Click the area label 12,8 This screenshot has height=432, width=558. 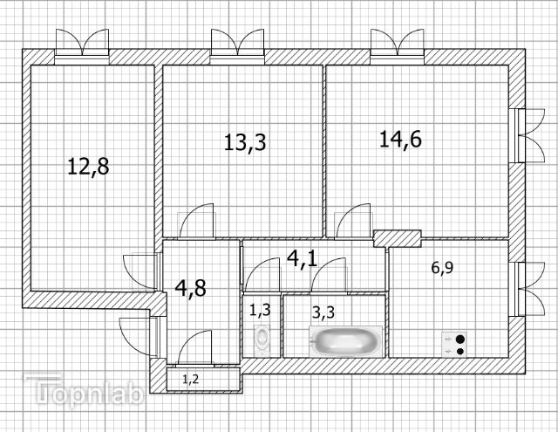[x=88, y=167]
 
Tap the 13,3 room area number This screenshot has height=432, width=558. [x=245, y=142]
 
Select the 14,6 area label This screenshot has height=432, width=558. [x=401, y=139]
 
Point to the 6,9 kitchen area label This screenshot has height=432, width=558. [x=442, y=267]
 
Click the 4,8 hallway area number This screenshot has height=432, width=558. [x=191, y=288]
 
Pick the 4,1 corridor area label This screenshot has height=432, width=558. [x=302, y=258]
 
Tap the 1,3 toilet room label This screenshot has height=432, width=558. [x=260, y=310]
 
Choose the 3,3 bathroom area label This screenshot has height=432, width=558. [x=323, y=312]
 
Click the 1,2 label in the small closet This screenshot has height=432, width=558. [x=191, y=380]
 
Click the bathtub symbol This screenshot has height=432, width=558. [x=345, y=342]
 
